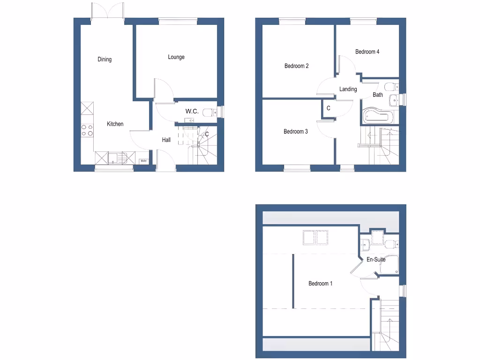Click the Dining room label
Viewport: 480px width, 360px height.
pos(105,60)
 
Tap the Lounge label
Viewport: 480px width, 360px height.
pos(176,57)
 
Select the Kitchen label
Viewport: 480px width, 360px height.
pos(115,124)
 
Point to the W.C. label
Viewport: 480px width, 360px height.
pos(192,112)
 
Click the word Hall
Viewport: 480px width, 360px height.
pos(166,140)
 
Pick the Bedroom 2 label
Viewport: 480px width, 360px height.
pos(296,66)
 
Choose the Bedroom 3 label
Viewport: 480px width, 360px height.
pos(296,132)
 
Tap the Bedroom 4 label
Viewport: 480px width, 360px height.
pos(367,52)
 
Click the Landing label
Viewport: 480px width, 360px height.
pos(348,89)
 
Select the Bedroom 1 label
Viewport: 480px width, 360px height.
pos(321,284)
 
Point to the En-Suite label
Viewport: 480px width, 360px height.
pos(376,260)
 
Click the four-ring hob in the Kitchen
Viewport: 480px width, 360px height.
pos(87,130)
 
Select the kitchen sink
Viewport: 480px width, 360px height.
pos(114,158)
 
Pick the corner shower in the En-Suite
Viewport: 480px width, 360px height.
pos(389,265)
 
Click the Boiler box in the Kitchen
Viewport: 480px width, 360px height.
pos(144,161)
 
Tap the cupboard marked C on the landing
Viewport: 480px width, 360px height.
pos(328,108)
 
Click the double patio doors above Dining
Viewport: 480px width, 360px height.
pos(108,12)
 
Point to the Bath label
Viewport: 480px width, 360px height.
pos(378,95)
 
